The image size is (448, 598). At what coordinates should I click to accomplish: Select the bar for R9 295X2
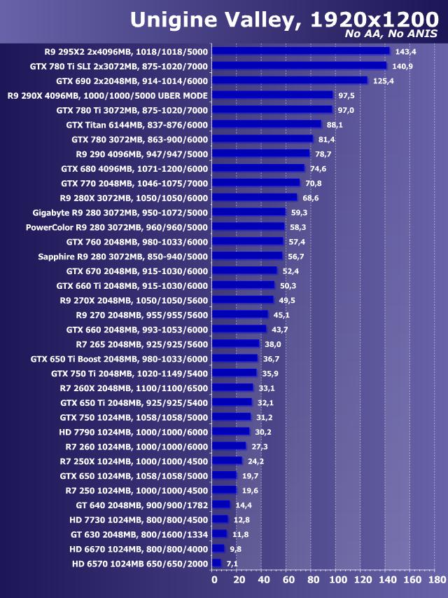pos(300,51)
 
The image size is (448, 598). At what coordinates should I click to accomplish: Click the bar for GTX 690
pos(289,81)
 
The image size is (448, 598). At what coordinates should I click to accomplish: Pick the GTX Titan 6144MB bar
pos(266,124)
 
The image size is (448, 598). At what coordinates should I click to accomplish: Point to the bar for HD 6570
pos(216,563)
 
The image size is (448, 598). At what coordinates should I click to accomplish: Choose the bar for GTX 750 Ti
pos(234,373)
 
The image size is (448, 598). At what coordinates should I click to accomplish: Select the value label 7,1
pos(232,563)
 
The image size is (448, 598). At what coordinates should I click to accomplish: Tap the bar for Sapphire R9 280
pos(247,256)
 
